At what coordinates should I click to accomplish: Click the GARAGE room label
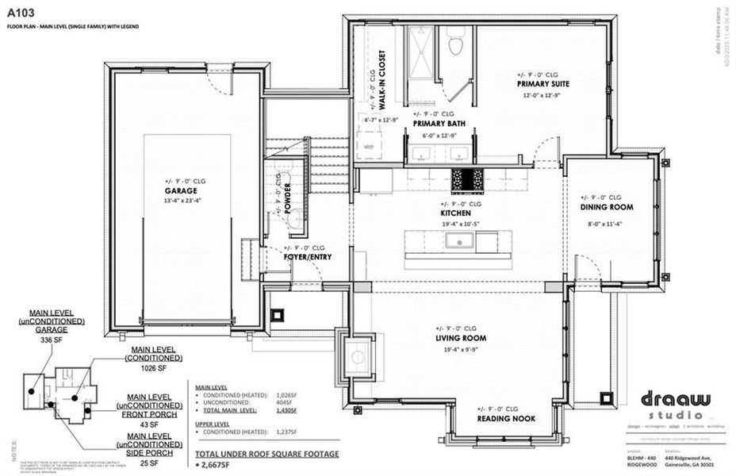[181, 191]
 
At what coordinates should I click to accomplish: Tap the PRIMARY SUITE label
[543, 83]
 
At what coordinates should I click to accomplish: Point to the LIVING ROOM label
[460, 338]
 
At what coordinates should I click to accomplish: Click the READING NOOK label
[505, 419]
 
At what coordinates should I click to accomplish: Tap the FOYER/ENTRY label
[307, 257]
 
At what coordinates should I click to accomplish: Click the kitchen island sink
[458, 240]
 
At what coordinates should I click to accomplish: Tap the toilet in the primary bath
[455, 44]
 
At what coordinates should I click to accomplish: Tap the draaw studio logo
[665, 401]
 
